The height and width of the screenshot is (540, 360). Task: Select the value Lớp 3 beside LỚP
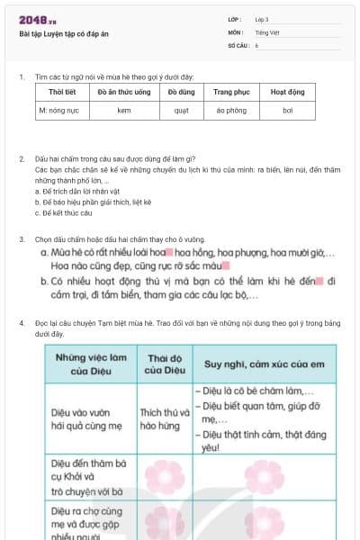click(262, 19)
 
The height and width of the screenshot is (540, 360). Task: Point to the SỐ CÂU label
click(238, 44)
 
